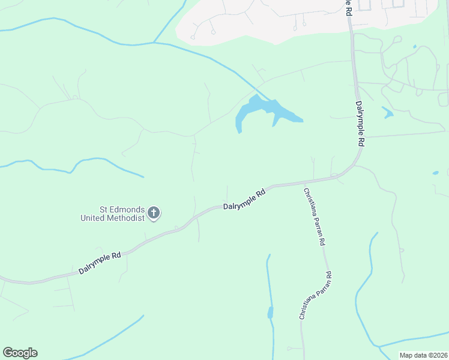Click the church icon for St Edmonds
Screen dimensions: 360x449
[x=154, y=212]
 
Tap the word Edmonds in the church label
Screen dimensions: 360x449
[x=125, y=209]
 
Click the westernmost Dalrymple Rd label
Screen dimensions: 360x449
[x=100, y=263]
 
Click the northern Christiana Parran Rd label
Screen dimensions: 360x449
[x=315, y=217]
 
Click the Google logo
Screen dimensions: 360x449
[x=20, y=353]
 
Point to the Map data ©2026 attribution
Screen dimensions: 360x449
[x=423, y=355]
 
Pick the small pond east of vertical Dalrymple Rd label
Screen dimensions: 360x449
[x=388, y=112]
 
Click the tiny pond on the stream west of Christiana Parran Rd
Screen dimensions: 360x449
[x=270, y=313]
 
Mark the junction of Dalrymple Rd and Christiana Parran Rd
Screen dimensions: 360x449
[x=305, y=181]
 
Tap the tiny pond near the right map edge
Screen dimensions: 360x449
[x=435, y=173]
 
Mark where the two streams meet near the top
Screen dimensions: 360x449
[x=154, y=43]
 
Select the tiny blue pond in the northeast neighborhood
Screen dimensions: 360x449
[x=414, y=46]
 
